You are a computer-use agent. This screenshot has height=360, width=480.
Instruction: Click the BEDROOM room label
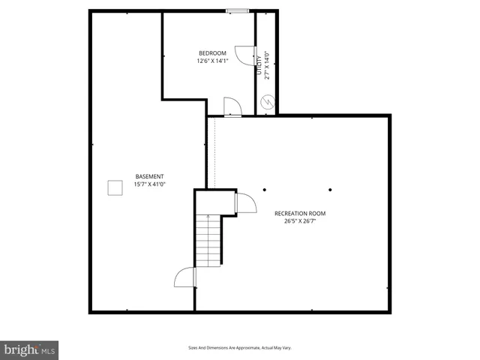211,52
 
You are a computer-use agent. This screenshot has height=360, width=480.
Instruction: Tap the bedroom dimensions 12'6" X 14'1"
211,61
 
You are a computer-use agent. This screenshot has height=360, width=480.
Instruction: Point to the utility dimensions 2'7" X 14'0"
266,64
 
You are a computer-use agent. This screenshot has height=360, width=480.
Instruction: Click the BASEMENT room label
149,176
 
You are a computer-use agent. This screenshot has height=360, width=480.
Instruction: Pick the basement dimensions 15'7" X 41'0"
149,184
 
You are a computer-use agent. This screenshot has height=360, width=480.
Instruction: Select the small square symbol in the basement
115,187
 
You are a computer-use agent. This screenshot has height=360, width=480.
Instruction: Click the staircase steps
208,240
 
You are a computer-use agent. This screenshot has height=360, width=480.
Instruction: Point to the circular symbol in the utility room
267,102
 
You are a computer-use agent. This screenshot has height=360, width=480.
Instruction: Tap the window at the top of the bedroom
237,10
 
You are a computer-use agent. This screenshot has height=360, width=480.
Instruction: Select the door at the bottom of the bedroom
232,107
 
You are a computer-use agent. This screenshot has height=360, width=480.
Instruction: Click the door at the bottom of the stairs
184,277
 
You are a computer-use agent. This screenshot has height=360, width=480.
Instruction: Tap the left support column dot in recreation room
264,189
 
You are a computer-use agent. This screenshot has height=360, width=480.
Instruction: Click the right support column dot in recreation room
330,189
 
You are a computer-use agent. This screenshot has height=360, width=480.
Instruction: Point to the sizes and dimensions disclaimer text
239,348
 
